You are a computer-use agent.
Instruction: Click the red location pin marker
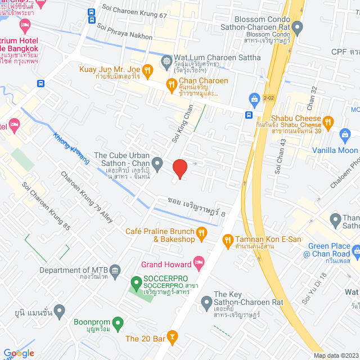click(179, 168)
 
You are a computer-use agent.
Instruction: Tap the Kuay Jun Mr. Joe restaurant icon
click(147, 70)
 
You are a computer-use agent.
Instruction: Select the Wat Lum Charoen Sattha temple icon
click(167, 60)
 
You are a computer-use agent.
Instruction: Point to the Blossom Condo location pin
click(298, 26)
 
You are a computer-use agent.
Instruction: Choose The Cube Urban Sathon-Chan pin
click(157, 164)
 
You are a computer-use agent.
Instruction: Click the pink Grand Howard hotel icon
click(198, 262)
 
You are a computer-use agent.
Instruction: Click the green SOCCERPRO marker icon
click(136, 282)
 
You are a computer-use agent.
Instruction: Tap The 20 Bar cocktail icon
click(173, 339)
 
